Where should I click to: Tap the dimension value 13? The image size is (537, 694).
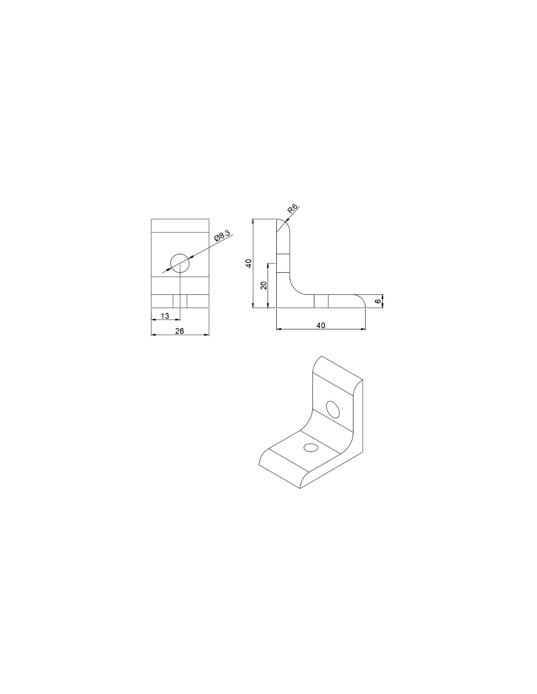click(165, 316)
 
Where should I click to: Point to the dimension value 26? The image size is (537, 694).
click(180, 331)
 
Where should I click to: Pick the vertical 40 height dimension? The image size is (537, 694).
click(249, 263)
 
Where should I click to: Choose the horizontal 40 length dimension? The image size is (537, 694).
click(321, 325)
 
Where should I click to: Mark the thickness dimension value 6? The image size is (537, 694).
click(378, 301)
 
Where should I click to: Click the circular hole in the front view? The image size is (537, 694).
click(180, 263)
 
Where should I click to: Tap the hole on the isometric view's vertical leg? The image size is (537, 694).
click(332, 409)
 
